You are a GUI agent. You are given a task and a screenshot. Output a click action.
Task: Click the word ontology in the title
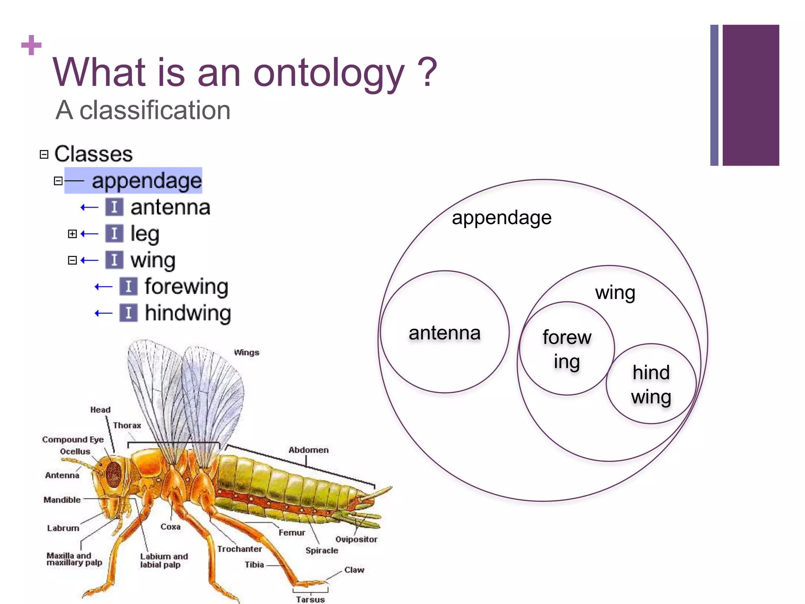[x=329, y=73]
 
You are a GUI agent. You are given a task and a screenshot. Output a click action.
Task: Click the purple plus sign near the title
[x=31, y=45]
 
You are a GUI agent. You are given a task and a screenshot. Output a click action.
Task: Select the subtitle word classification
[x=155, y=110]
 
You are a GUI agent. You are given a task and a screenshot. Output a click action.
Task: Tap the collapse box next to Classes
[x=44, y=155]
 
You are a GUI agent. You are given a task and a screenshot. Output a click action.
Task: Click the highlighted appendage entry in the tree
[x=146, y=181]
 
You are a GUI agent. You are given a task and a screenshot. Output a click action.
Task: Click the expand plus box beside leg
[x=72, y=234]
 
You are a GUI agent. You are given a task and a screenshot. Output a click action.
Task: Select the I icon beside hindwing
[x=129, y=313]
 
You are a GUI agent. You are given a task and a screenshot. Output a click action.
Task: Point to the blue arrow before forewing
[x=103, y=287]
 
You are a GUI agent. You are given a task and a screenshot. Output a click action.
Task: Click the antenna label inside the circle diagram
[x=444, y=333]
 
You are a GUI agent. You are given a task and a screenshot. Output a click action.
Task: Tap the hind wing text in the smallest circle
[x=651, y=384]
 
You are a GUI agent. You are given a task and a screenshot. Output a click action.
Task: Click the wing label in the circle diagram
[x=615, y=293]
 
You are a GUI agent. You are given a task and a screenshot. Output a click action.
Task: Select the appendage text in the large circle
[x=502, y=218]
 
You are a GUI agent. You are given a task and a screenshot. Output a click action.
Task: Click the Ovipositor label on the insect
[x=356, y=540]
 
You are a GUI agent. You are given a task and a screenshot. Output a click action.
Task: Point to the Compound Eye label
[x=73, y=440]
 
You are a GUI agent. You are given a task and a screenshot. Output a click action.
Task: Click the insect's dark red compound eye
[x=114, y=473]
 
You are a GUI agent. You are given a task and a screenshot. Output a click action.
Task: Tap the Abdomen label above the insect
[x=309, y=450]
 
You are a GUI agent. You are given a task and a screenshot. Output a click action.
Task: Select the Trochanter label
[x=239, y=549]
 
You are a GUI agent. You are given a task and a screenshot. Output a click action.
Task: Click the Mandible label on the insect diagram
[x=62, y=500]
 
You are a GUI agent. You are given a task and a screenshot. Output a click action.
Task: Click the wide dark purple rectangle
[x=750, y=95]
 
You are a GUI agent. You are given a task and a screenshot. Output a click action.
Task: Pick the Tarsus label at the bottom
[x=310, y=599]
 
